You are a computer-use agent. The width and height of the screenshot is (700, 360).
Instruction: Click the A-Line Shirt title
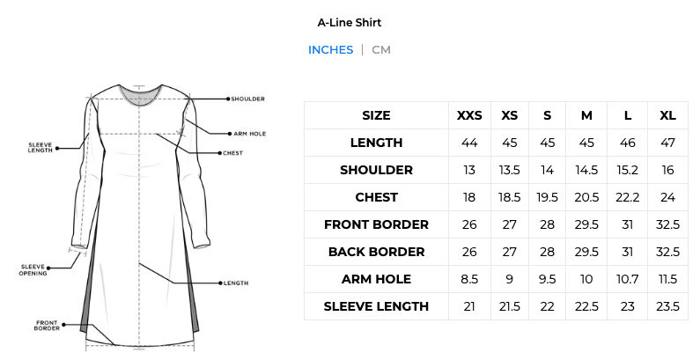(349, 23)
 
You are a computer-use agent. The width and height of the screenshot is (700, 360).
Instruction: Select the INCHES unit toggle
(330, 49)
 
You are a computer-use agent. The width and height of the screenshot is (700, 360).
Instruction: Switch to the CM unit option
(381, 49)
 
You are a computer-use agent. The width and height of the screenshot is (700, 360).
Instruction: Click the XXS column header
(469, 115)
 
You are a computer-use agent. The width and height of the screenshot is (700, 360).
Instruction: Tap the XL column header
(667, 115)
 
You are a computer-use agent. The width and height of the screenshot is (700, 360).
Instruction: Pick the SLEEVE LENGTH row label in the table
(376, 306)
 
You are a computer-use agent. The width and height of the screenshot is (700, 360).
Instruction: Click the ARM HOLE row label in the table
(376, 279)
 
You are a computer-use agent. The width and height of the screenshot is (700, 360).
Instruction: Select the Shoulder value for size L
(627, 170)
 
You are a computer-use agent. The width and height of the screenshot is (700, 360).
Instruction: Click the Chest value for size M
(586, 197)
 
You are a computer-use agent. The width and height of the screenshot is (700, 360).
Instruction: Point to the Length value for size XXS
(469, 143)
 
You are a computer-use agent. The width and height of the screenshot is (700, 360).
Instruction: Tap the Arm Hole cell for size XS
(510, 279)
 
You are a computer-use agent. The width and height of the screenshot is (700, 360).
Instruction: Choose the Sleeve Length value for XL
(667, 306)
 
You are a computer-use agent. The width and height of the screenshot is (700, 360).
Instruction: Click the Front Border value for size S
(547, 224)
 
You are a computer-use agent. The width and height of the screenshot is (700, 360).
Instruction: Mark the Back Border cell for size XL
(667, 252)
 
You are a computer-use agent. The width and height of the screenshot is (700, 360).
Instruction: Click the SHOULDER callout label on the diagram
(247, 99)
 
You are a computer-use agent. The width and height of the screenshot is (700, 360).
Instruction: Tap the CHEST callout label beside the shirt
(233, 153)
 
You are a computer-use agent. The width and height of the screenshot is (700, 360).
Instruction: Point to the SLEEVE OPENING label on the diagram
(33, 270)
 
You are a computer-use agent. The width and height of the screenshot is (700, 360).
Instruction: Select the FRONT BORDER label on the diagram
(47, 325)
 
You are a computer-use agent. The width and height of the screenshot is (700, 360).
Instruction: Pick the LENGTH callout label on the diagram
(236, 283)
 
